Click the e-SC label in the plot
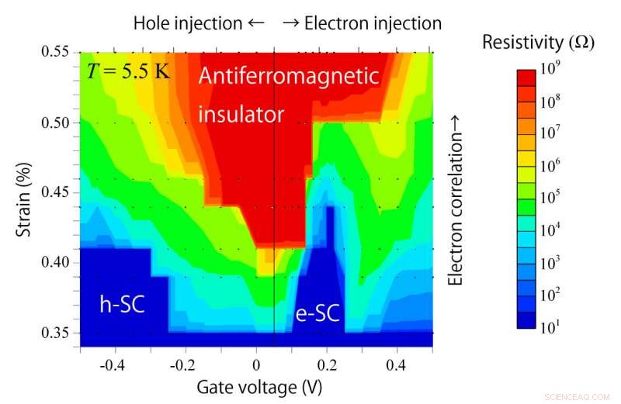[x=317, y=313]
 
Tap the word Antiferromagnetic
[x=288, y=77]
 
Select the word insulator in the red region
[x=241, y=114]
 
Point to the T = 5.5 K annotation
[x=129, y=74]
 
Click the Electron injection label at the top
[x=362, y=23]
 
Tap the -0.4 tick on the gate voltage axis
[x=114, y=363]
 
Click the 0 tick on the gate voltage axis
[x=257, y=363]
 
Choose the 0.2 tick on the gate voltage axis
[x=327, y=363]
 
